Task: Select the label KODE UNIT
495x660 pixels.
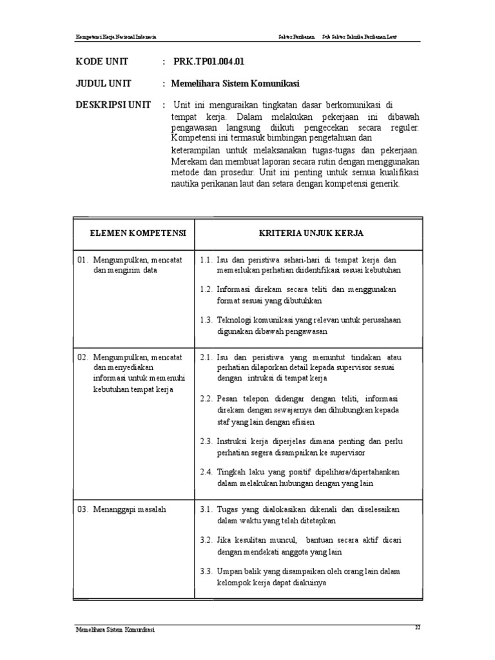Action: (x=102, y=62)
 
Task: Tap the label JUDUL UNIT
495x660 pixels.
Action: (x=104, y=83)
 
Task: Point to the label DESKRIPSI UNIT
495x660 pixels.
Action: (x=113, y=104)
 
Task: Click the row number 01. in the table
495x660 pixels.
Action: (x=82, y=259)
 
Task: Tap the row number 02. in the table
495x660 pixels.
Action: (x=82, y=356)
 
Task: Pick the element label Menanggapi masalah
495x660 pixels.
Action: (x=130, y=509)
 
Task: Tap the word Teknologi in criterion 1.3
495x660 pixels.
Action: (x=235, y=320)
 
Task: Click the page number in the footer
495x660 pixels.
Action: (x=418, y=626)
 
